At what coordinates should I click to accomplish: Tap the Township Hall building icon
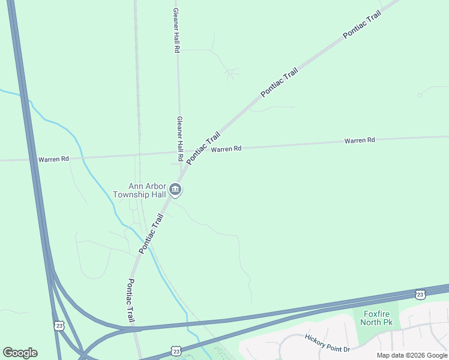[x=176, y=190]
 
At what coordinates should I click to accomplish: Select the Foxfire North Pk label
[x=375, y=318]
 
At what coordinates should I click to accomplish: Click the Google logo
[x=20, y=353]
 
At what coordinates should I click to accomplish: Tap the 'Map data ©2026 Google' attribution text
[x=412, y=355]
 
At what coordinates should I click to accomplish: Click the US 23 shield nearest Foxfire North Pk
[x=420, y=293]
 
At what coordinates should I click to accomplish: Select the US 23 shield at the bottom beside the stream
[x=175, y=349]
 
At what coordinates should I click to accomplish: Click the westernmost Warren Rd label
[x=53, y=160]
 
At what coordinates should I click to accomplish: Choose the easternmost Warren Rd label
[x=360, y=140]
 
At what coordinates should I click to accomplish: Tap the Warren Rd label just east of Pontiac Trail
[x=226, y=149]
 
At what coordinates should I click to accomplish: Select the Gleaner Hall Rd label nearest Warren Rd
[x=179, y=134]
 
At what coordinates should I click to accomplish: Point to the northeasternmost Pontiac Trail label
[x=362, y=25]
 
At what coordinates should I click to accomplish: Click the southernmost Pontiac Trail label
[x=131, y=300]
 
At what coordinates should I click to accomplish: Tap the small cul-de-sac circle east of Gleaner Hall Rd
[x=230, y=73]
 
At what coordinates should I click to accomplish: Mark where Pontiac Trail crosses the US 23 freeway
[x=135, y=329]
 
